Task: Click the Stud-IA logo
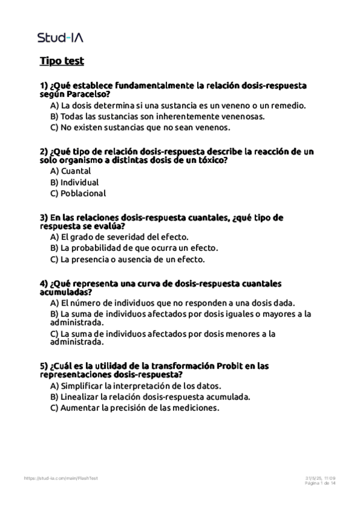tap(60, 37)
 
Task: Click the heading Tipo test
tap(61, 61)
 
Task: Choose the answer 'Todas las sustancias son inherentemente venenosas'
tap(157, 116)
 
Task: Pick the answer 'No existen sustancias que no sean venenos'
tap(141, 127)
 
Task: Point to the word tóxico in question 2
tap(211, 161)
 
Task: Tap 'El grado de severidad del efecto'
tap(120, 238)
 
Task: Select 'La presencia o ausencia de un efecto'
tap(127, 259)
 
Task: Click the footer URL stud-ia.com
tap(61, 478)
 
